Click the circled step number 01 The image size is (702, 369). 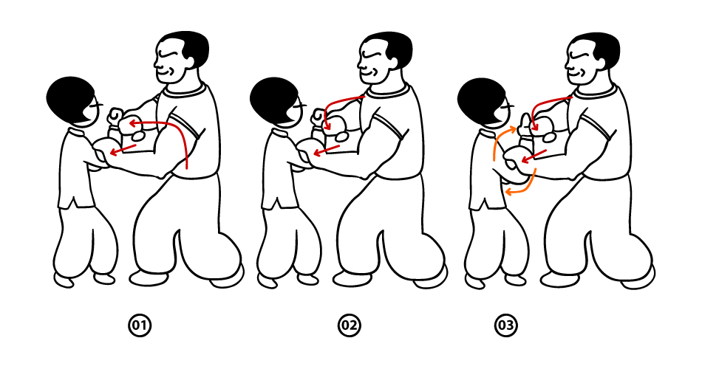pyautogui.click(x=139, y=325)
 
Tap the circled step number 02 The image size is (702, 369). pyautogui.click(x=350, y=325)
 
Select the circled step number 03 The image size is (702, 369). pyautogui.click(x=506, y=325)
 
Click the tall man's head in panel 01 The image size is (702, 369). pyautogui.click(x=181, y=56)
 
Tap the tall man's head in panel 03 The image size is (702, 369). pyautogui.click(x=592, y=58)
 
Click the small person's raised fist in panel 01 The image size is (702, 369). pyautogui.click(x=115, y=117)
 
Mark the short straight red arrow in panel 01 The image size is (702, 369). pyautogui.click(x=123, y=150)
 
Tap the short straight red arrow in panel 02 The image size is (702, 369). pyautogui.click(x=327, y=151)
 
